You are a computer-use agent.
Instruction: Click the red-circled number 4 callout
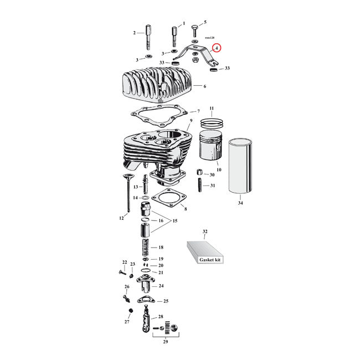point(217,48)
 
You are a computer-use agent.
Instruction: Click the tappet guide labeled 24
point(147,287)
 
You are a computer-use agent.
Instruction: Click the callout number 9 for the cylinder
point(191,121)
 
